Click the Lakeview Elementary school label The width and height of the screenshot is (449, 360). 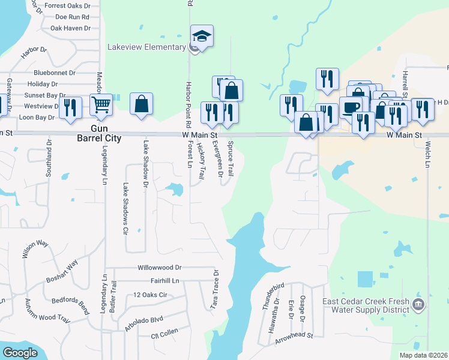pos(146,47)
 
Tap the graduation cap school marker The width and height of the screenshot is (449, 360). pos(202,37)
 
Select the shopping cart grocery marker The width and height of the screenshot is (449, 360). pos(101,104)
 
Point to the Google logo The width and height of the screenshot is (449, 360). pos(20,353)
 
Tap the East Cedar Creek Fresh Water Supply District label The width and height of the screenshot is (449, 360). pos(366,306)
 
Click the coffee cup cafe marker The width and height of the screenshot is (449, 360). pos(351,107)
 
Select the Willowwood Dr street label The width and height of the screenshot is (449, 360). pos(159,268)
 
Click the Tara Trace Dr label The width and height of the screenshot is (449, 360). pos(214,289)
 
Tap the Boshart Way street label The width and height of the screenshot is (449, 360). pos(62,272)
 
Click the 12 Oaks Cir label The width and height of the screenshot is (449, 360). pos(150,295)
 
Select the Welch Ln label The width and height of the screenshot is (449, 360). pos(429,154)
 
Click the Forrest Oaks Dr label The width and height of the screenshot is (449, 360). pos(71,6)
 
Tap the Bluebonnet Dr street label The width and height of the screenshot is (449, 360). pos(54,73)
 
